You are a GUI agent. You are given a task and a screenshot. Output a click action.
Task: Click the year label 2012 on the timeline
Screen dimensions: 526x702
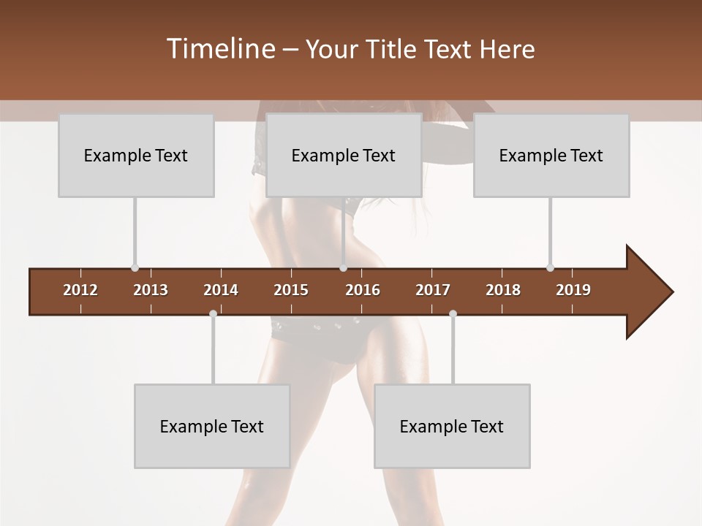pyautogui.click(x=80, y=290)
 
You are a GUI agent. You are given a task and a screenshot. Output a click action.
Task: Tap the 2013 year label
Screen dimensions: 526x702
pyautogui.click(x=151, y=290)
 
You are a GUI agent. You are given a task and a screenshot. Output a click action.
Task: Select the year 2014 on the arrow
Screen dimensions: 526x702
pyautogui.click(x=221, y=290)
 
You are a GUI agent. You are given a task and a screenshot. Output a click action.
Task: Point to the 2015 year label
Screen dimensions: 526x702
pyautogui.click(x=291, y=290)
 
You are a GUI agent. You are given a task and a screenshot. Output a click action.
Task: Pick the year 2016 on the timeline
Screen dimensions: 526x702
pyautogui.click(x=363, y=290)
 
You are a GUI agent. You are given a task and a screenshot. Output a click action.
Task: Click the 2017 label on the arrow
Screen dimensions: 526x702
pyautogui.click(x=433, y=290)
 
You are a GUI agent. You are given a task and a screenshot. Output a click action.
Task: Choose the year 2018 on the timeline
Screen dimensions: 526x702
pyautogui.click(x=503, y=290)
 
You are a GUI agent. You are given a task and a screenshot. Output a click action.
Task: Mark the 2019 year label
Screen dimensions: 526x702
pyautogui.click(x=573, y=290)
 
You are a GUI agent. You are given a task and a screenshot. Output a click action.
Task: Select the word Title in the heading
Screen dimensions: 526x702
pyautogui.click(x=393, y=49)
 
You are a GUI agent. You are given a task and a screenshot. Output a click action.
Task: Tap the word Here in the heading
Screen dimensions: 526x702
pyautogui.click(x=507, y=49)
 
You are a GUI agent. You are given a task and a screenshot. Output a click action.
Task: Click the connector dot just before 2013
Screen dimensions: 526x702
pyautogui.click(x=135, y=267)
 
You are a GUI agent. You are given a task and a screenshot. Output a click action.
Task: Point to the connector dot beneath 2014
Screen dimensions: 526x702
pyautogui.click(x=213, y=313)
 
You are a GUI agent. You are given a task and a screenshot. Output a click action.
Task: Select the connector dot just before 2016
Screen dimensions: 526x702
pyautogui.click(x=343, y=267)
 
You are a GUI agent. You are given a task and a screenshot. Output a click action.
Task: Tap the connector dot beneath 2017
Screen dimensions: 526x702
pyautogui.click(x=453, y=313)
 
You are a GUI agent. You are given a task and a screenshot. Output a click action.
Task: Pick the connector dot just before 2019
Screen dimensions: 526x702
pyautogui.click(x=550, y=267)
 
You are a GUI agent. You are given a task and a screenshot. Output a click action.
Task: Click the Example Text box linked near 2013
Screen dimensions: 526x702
pyautogui.click(x=136, y=156)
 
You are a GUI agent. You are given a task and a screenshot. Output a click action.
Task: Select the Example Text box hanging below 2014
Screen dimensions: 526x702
pyautogui.click(x=212, y=427)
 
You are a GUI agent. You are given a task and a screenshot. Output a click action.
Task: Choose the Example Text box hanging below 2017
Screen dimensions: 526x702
pyautogui.click(x=452, y=427)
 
